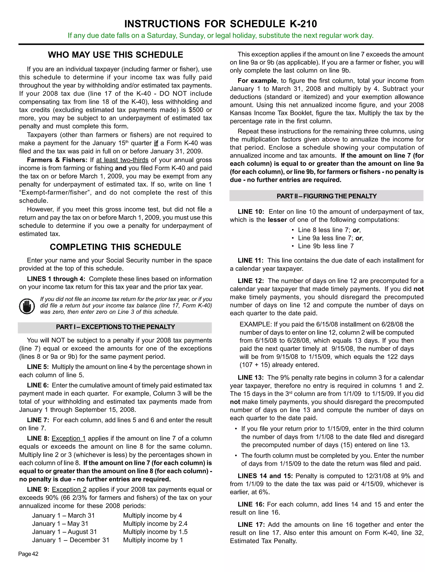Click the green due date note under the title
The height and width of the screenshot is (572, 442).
point(221,36)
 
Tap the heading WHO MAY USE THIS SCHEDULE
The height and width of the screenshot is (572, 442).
point(115,55)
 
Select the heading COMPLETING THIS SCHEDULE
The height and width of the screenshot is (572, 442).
point(115,247)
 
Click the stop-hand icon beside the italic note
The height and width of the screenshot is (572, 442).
point(27,306)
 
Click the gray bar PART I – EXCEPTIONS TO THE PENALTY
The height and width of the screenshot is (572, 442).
point(115,327)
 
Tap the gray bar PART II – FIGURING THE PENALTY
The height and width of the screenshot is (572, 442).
point(326,196)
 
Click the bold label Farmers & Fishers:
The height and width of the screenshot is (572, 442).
point(57,160)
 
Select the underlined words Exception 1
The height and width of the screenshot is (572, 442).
point(69,438)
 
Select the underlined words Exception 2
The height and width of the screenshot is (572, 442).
point(69,490)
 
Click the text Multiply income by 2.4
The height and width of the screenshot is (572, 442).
point(155,524)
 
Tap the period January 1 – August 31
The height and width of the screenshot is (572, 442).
point(64,532)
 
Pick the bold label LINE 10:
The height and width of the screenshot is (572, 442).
point(251,212)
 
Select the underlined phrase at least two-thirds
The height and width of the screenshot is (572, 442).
point(122,160)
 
